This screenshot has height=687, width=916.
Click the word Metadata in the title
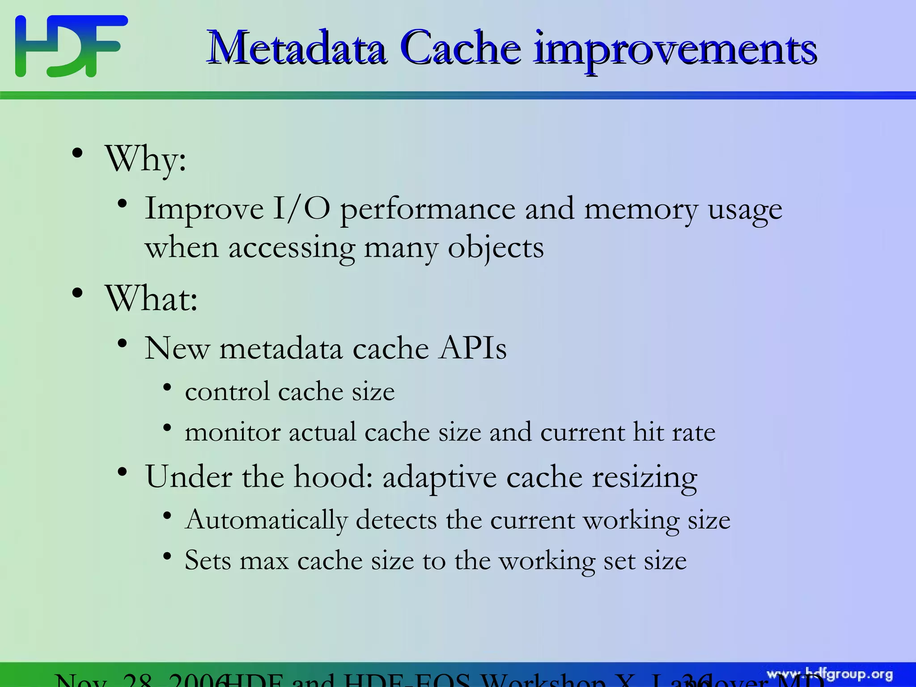[297, 48]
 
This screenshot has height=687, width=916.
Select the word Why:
[145, 159]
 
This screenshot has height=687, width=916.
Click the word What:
[151, 299]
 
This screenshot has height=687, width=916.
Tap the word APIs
[472, 348]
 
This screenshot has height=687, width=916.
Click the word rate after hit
[693, 432]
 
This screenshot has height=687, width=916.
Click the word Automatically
[266, 521]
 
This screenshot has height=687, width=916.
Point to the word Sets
[208, 560]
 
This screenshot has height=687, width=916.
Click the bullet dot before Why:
[77, 153]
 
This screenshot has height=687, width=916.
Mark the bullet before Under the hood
[123, 472]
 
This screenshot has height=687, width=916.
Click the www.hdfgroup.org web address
[830, 674]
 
